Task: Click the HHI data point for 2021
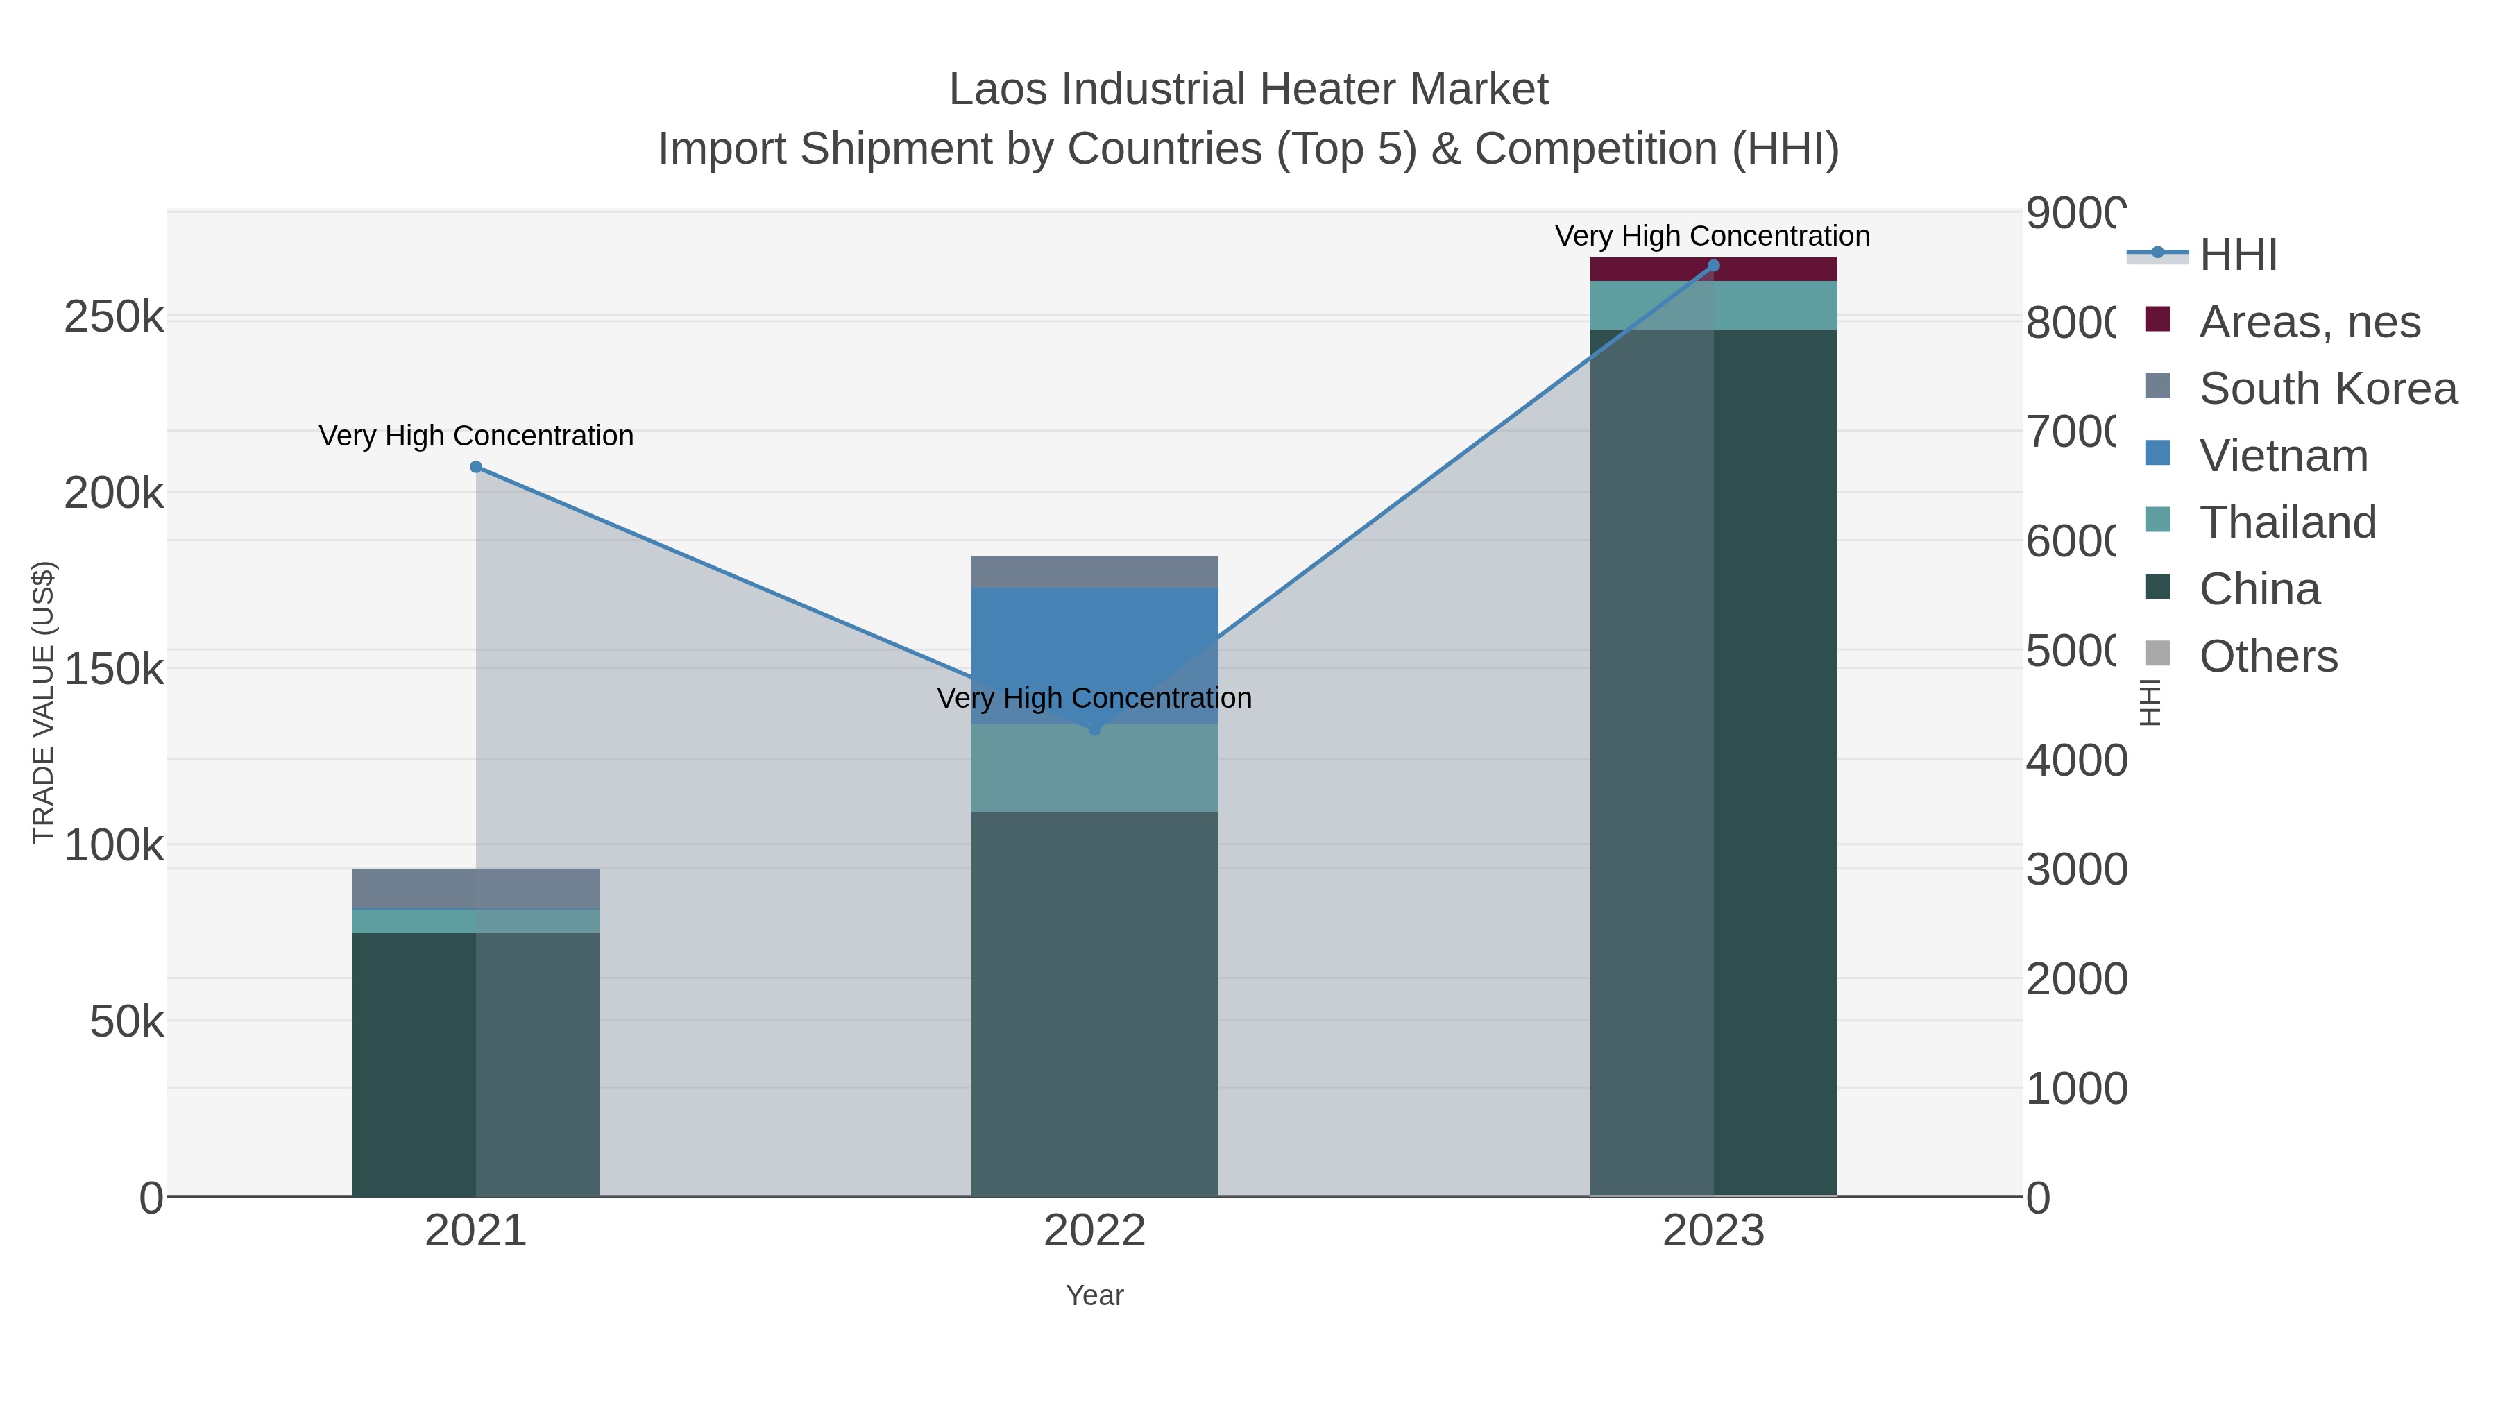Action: [476, 468]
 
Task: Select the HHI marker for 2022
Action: [1095, 729]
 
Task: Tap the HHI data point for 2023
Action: [1713, 266]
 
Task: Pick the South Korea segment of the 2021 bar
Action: [476, 888]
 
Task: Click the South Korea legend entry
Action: [2327, 389]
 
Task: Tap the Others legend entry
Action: [2267, 656]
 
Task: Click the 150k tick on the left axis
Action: [114, 669]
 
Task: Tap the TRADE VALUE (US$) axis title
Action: [44, 702]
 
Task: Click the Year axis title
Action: [1095, 1295]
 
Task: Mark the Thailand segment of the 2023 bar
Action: [1713, 305]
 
